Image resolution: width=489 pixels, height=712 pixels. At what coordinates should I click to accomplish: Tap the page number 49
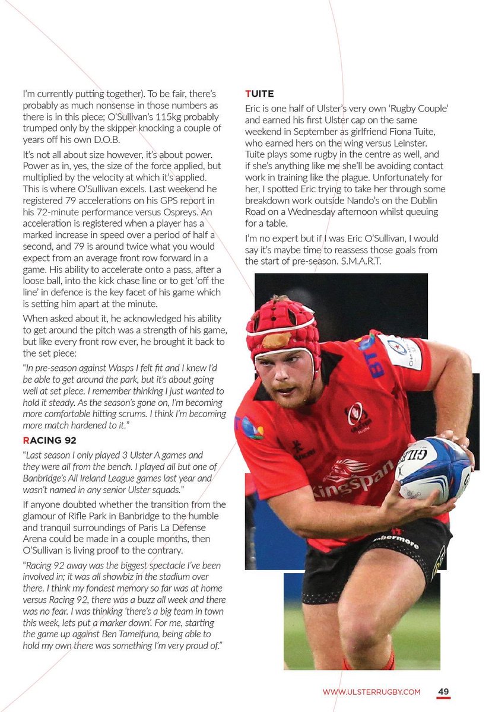(x=443, y=691)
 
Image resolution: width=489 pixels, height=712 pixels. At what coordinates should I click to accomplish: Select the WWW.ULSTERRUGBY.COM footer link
(x=371, y=692)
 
